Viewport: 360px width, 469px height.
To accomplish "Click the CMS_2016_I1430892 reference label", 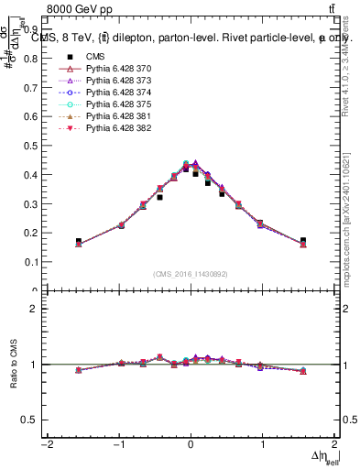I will [x=190, y=273].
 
